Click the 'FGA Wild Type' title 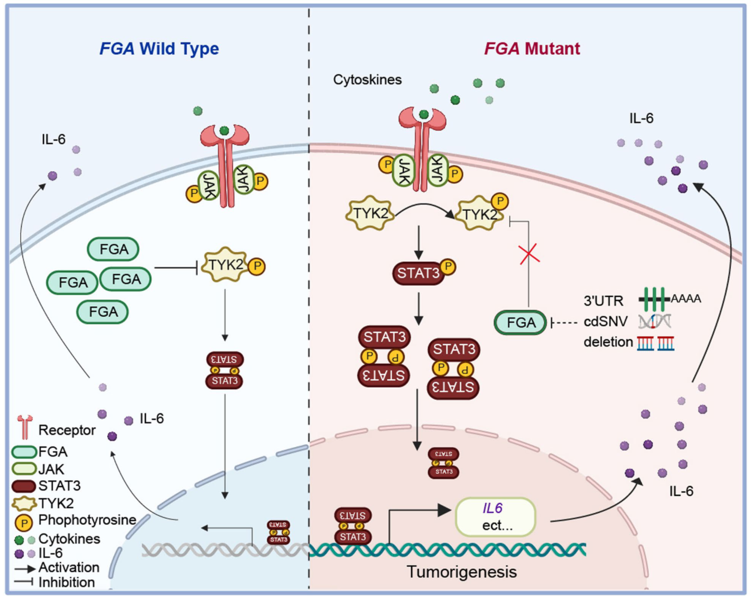[x=159, y=48]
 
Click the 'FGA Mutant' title [x=532, y=48]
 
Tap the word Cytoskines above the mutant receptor [x=367, y=80]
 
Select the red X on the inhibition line [x=529, y=254]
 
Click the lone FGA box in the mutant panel [x=521, y=323]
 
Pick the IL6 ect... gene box [x=495, y=517]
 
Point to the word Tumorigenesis [x=462, y=572]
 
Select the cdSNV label [x=606, y=322]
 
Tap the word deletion [x=608, y=342]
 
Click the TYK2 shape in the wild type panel [x=226, y=265]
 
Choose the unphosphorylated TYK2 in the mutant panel [x=370, y=213]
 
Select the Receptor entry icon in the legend [x=25, y=427]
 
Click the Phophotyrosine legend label [x=87, y=520]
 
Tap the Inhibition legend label [x=66, y=582]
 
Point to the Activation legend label [x=69, y=567]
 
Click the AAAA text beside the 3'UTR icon [x=686, y=298]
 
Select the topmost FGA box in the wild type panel [x=113, y=249]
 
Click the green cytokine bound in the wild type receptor [x=224, y=131]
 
